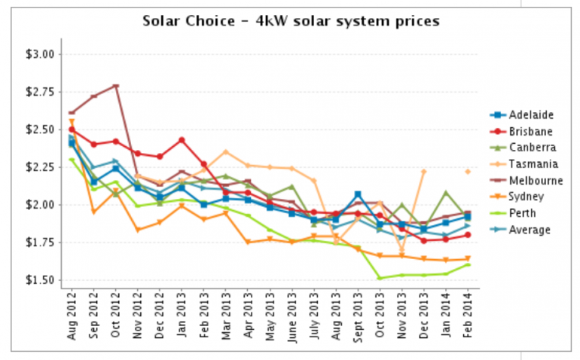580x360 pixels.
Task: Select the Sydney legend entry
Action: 527,197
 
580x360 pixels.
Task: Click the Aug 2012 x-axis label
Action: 71,313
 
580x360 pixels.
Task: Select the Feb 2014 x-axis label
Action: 469,313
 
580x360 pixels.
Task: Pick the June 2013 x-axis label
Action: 292,312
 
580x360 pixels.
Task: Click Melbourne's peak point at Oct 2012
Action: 115,86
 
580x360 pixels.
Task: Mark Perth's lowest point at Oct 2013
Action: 380,278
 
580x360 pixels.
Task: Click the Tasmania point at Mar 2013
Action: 225,151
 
